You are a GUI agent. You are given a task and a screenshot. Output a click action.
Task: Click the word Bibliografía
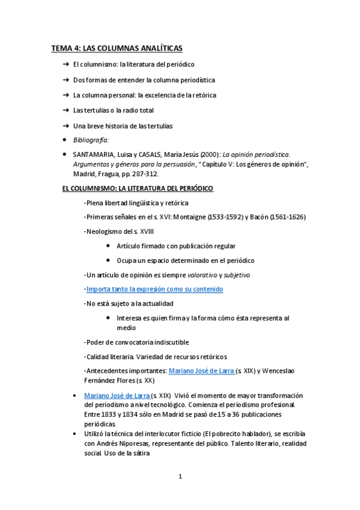coord(91,140)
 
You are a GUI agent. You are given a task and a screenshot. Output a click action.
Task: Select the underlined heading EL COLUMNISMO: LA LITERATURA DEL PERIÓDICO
coord(138,188)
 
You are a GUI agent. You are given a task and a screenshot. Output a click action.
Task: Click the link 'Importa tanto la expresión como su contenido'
coord(154,289)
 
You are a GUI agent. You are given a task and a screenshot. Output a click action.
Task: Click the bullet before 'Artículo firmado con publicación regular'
coord(107,246)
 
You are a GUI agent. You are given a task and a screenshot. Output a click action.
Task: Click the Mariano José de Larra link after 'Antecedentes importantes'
coord(201,371)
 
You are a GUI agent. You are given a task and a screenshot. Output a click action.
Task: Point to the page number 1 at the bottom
coord(180,477)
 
